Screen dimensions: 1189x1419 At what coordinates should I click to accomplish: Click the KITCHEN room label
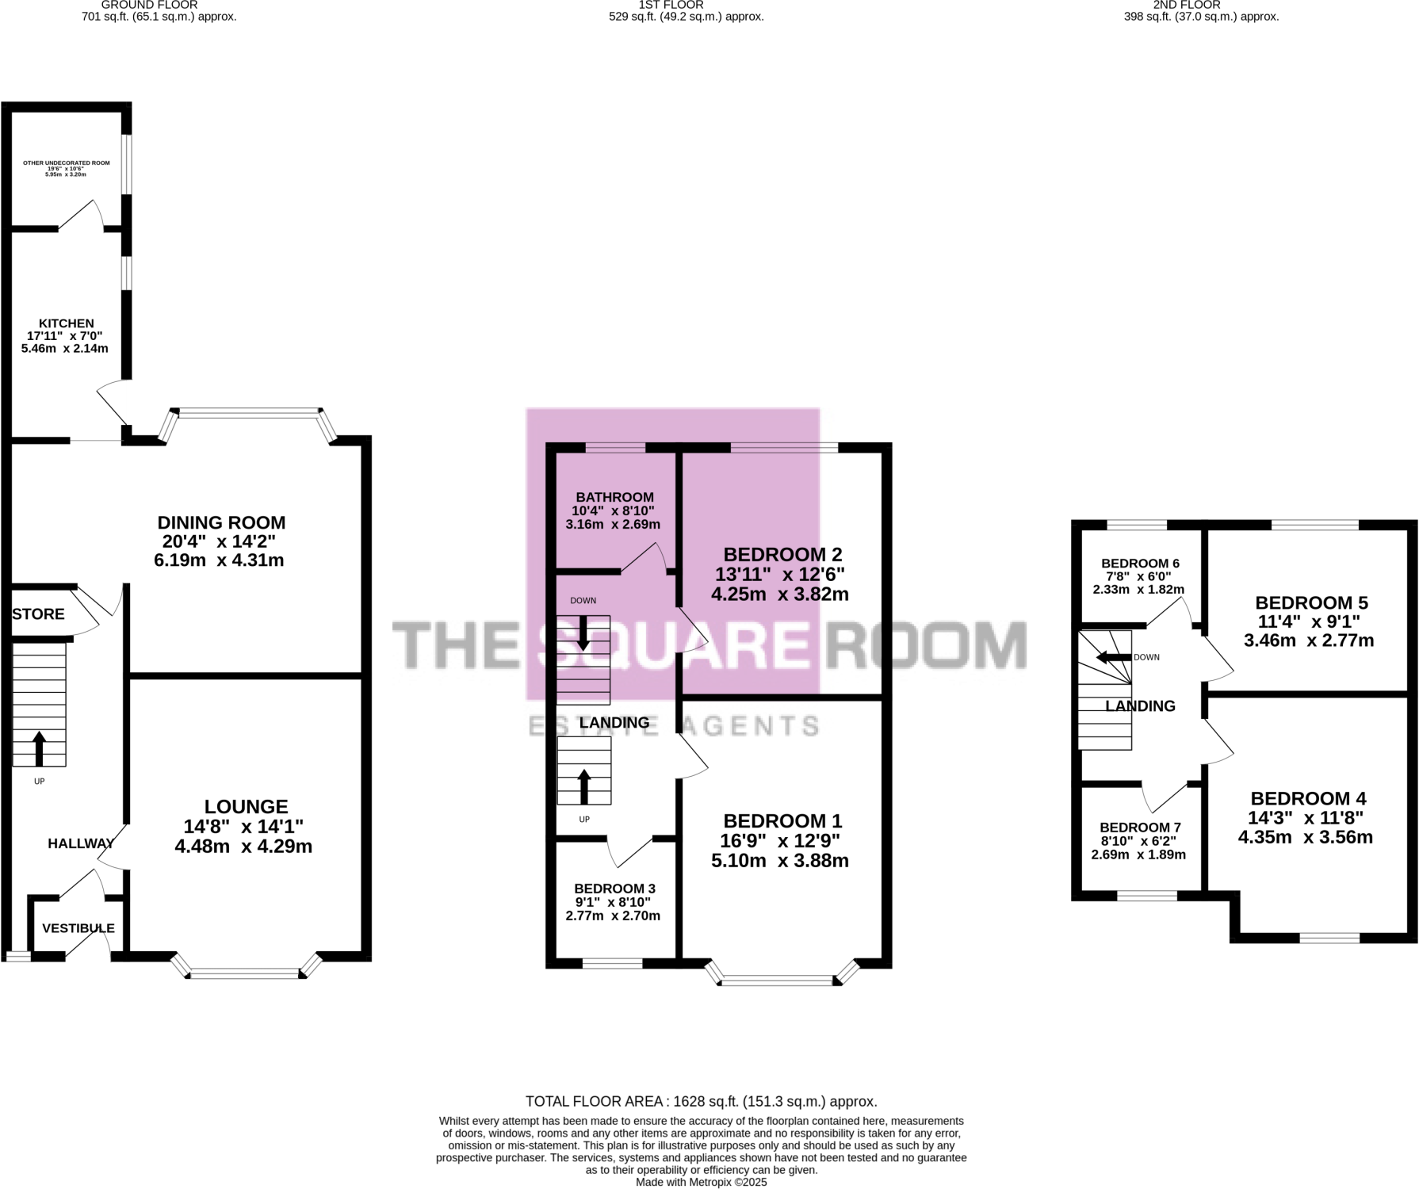point(67,323)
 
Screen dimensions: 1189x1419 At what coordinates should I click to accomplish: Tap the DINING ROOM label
point(221,523)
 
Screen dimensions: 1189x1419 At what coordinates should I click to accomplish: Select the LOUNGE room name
point(246,807)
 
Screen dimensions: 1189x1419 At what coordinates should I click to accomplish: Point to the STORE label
point(38,614)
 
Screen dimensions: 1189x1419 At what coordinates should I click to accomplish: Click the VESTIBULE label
point(78,928)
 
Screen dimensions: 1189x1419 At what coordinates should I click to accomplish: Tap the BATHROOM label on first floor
point(614,498)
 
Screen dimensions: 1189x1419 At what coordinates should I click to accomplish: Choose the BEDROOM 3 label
point(614,889)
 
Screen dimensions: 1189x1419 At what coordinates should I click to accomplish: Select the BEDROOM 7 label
point(1140,828)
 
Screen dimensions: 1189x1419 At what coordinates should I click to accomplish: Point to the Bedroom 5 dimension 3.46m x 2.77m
point(1309,640)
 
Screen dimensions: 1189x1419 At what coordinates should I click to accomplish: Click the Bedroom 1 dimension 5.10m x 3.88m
point(780,861)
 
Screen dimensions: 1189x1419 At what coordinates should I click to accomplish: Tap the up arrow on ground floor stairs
point(39,747)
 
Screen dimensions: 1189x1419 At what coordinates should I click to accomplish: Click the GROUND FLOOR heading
point(149,5)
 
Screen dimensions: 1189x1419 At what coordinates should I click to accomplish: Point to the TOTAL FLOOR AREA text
point(701,1102)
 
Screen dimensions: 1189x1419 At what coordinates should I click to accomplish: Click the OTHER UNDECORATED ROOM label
point(67,163)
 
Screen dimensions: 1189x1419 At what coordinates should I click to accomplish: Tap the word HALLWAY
point(81,843)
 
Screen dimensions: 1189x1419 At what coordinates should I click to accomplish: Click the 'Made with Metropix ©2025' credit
point(701,1182)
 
